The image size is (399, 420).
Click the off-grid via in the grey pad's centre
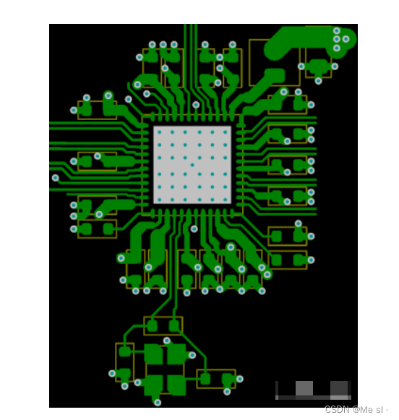point(192,165)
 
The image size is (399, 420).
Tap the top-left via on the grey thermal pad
point(160,132)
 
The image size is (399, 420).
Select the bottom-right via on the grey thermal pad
point(226,200)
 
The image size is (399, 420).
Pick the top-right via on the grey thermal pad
point(226,132)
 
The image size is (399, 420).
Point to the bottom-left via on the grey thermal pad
point(160,200)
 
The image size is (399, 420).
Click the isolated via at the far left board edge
point(55,178)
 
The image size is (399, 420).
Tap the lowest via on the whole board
point(158,403)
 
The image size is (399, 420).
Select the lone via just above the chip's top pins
point(196,105)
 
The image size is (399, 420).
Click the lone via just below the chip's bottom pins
point(194,228)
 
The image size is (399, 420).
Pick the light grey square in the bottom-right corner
point(304,388)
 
